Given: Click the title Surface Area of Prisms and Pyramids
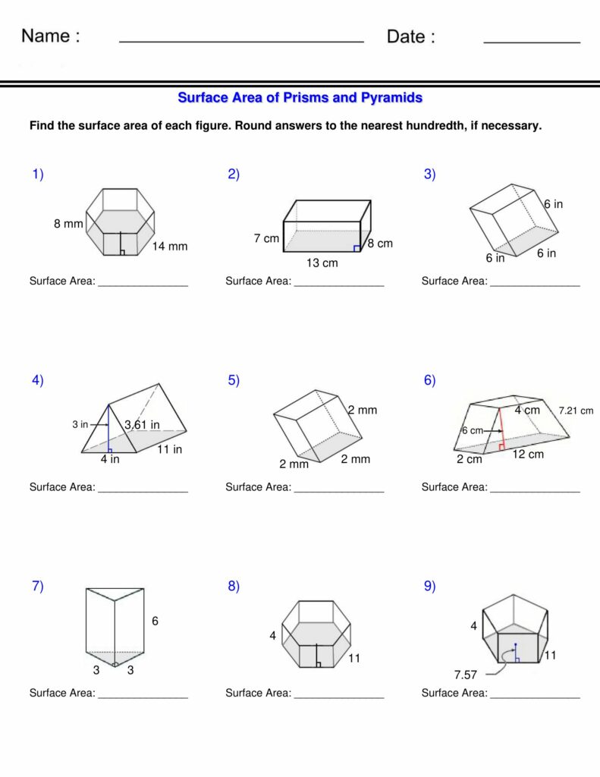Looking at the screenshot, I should pos(300,98).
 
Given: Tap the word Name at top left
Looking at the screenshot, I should pos(50,36).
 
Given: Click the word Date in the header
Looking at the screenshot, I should pos(410,36).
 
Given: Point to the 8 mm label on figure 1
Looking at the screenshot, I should pos(68,224).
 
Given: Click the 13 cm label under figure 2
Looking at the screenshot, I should pos(322,263).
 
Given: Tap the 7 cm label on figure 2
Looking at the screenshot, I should pos(266,238).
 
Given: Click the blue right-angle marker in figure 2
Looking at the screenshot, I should pos(357,247).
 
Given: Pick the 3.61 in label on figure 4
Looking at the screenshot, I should pos(142,425).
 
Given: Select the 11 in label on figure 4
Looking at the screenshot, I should pos(169,449).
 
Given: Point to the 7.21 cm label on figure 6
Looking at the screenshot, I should pos(576,411).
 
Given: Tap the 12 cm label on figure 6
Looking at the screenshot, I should pos(528,455).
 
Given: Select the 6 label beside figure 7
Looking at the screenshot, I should pos(155,621).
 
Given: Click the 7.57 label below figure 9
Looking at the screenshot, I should pos(465,674).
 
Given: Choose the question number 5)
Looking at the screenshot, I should pos(234,381).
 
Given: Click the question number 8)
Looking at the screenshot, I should pos(234,586).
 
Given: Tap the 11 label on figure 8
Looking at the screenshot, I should pos(354,659).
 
